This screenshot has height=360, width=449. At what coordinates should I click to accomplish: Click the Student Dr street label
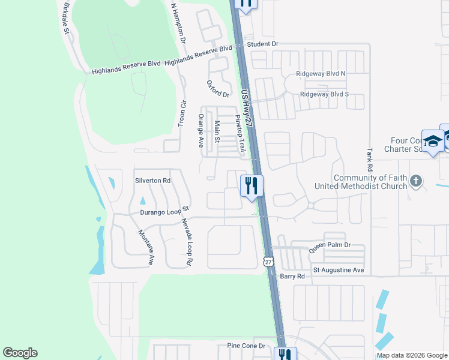(263, 44)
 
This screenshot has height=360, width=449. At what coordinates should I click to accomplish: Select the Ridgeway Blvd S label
(324, 94)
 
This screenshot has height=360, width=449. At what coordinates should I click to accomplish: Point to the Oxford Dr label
(218, 89)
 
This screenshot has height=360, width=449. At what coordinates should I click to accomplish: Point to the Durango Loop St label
(164, 211)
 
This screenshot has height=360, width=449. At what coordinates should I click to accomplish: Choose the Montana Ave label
(146, 247)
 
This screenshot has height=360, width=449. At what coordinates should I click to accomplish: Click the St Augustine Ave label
(339, 271)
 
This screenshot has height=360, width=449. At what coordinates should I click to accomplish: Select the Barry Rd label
(292, 276)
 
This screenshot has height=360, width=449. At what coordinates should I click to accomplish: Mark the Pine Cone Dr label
(246, 346)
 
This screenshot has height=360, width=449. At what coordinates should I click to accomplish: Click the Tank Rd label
(370, 158)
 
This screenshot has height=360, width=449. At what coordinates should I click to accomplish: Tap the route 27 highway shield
(268, 261)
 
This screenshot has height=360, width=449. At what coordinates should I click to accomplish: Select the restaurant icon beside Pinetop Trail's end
(252, 184)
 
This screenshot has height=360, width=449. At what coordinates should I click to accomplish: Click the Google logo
(20, 353)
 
